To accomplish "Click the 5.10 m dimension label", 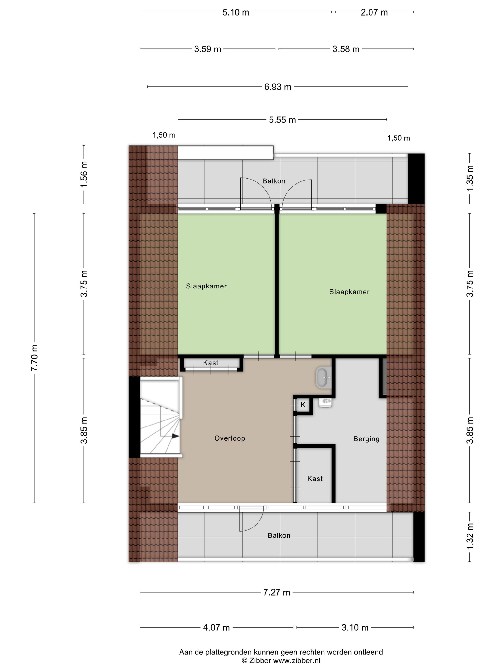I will coord(235,12).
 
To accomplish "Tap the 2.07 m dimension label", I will coord(374,12).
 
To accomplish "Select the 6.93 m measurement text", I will coord(277,87).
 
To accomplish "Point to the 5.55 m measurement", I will coord(282,120).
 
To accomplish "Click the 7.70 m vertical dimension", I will coord(34,358).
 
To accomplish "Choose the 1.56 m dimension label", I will coord(84,174).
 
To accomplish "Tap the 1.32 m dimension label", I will coord(470,536).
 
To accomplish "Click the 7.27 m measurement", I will coord(276,592).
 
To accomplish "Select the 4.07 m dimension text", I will coord(216,627).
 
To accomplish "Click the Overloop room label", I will coord(229,438).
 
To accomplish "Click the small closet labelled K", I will coord(303,405).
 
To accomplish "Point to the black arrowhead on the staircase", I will coord(175,436).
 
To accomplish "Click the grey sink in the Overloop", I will coord(324,378).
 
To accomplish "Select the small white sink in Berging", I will coord(325,402).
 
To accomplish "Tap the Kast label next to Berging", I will coord(315,479).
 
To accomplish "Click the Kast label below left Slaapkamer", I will coord(210,363).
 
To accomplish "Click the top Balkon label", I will coord(274,181).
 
